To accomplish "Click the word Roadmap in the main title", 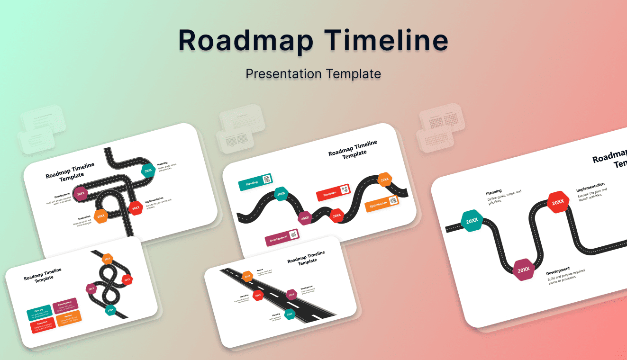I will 245,41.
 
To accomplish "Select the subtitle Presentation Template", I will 313,74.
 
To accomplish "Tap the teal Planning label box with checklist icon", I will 255,181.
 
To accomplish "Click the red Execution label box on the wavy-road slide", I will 333,192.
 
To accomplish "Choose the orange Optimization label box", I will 382,203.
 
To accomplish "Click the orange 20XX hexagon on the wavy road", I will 384,179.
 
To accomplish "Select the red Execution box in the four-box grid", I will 43,326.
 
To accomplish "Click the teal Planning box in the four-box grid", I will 39,313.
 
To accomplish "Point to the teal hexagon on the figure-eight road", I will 110,310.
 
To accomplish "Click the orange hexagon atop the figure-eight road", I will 108,259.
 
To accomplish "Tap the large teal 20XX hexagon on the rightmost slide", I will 472,221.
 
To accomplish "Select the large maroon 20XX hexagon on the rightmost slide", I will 523,270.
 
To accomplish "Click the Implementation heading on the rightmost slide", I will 590,187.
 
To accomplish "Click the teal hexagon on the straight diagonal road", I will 290,314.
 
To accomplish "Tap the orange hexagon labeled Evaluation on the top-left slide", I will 100,216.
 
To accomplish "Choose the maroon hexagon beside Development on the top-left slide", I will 80,193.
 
